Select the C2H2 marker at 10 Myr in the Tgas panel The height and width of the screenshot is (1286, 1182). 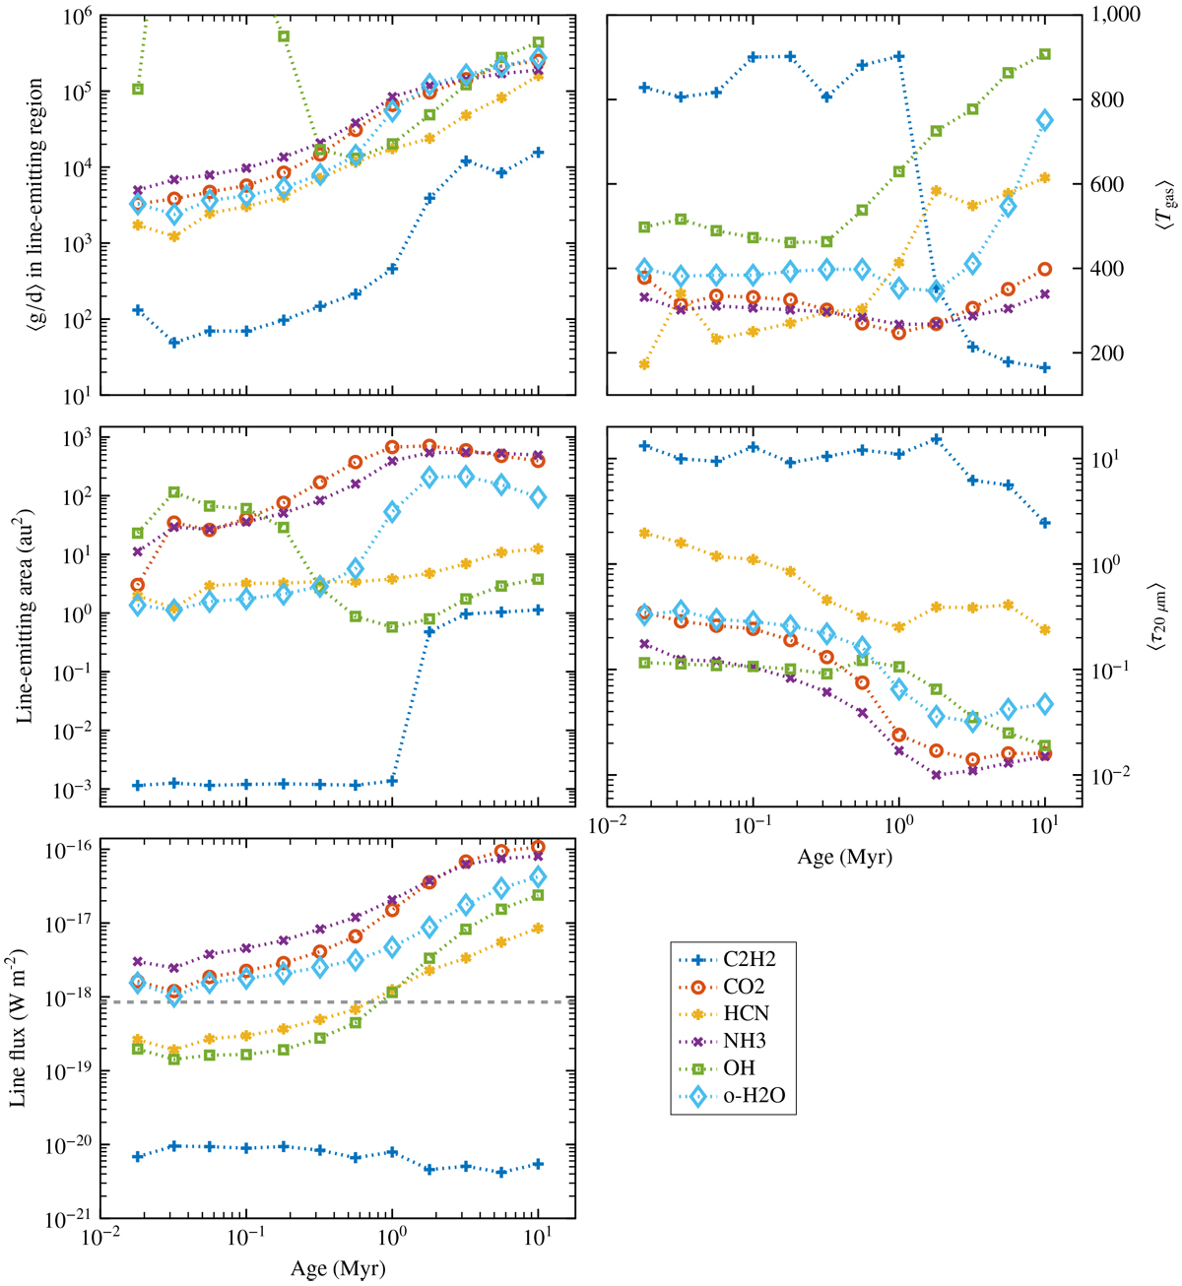tap(1044, 367)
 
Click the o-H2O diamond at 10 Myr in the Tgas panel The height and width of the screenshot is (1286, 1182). tap(1044, 120)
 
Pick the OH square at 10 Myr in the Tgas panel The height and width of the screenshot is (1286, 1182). tap(1044, 54)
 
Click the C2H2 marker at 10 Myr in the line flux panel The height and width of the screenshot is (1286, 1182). tap(538, 1164)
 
